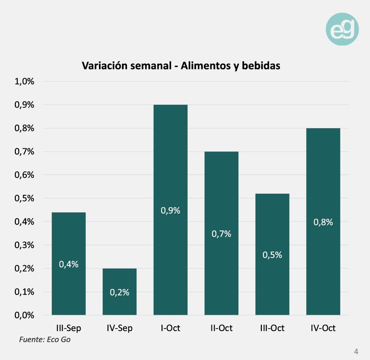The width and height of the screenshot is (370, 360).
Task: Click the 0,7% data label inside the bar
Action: click(x=222, y=234)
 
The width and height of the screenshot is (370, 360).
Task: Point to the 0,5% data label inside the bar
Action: click(x=272, y=255)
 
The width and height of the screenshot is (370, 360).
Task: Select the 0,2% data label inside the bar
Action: click(x=120, y=292)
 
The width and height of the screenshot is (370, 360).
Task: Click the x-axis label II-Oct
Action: click(x=222, y=328)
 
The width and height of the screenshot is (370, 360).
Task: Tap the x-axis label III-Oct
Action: click(x=272, y=328)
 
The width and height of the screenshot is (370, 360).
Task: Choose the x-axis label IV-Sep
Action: click(x=120, y=328)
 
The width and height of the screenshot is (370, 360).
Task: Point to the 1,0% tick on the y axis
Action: click(x=25, y=81)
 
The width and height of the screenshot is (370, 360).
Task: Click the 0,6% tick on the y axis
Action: click(x=25, y=175)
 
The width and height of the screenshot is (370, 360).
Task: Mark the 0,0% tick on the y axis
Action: click(x=25, y=315)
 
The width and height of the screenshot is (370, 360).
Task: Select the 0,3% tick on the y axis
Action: click(x=25, y=245)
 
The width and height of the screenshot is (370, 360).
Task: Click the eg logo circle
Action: click(x=342, y=29)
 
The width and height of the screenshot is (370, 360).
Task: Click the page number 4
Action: click(x=356, y=350)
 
